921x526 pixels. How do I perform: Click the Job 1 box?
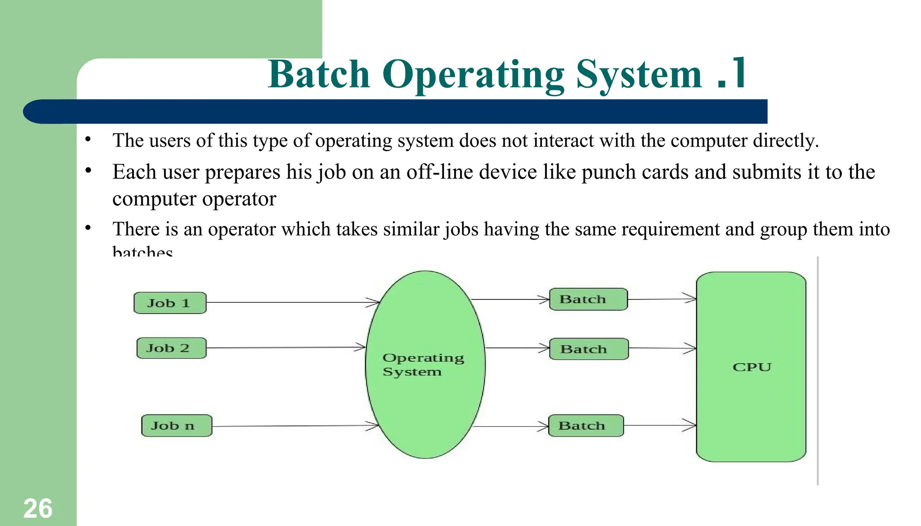(x=170, y=303)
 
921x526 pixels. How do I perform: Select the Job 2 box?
(x=171, y=348)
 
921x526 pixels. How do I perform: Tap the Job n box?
(x=176, y=425)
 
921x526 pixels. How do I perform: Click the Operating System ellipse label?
(x=422, y=365)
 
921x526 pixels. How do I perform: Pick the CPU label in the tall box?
(x=751, y=367)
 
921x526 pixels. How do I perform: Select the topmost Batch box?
(x=588, y=299)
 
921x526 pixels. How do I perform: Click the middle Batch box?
(x=589, y=349)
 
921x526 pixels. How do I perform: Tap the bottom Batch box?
(x=586, y=426)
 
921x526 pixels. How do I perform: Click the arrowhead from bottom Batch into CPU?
(x=690, y=425)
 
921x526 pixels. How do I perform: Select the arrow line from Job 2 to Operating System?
(x=283, y=348)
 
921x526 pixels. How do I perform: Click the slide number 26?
(x=38, y=508)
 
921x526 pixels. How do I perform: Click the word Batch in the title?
(x=318, y=74)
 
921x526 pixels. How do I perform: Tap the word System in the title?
(x=639, y=74)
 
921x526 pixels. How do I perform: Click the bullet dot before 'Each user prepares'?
(x=88, y=171)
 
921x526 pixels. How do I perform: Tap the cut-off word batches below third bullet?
(x=142, y=251)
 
